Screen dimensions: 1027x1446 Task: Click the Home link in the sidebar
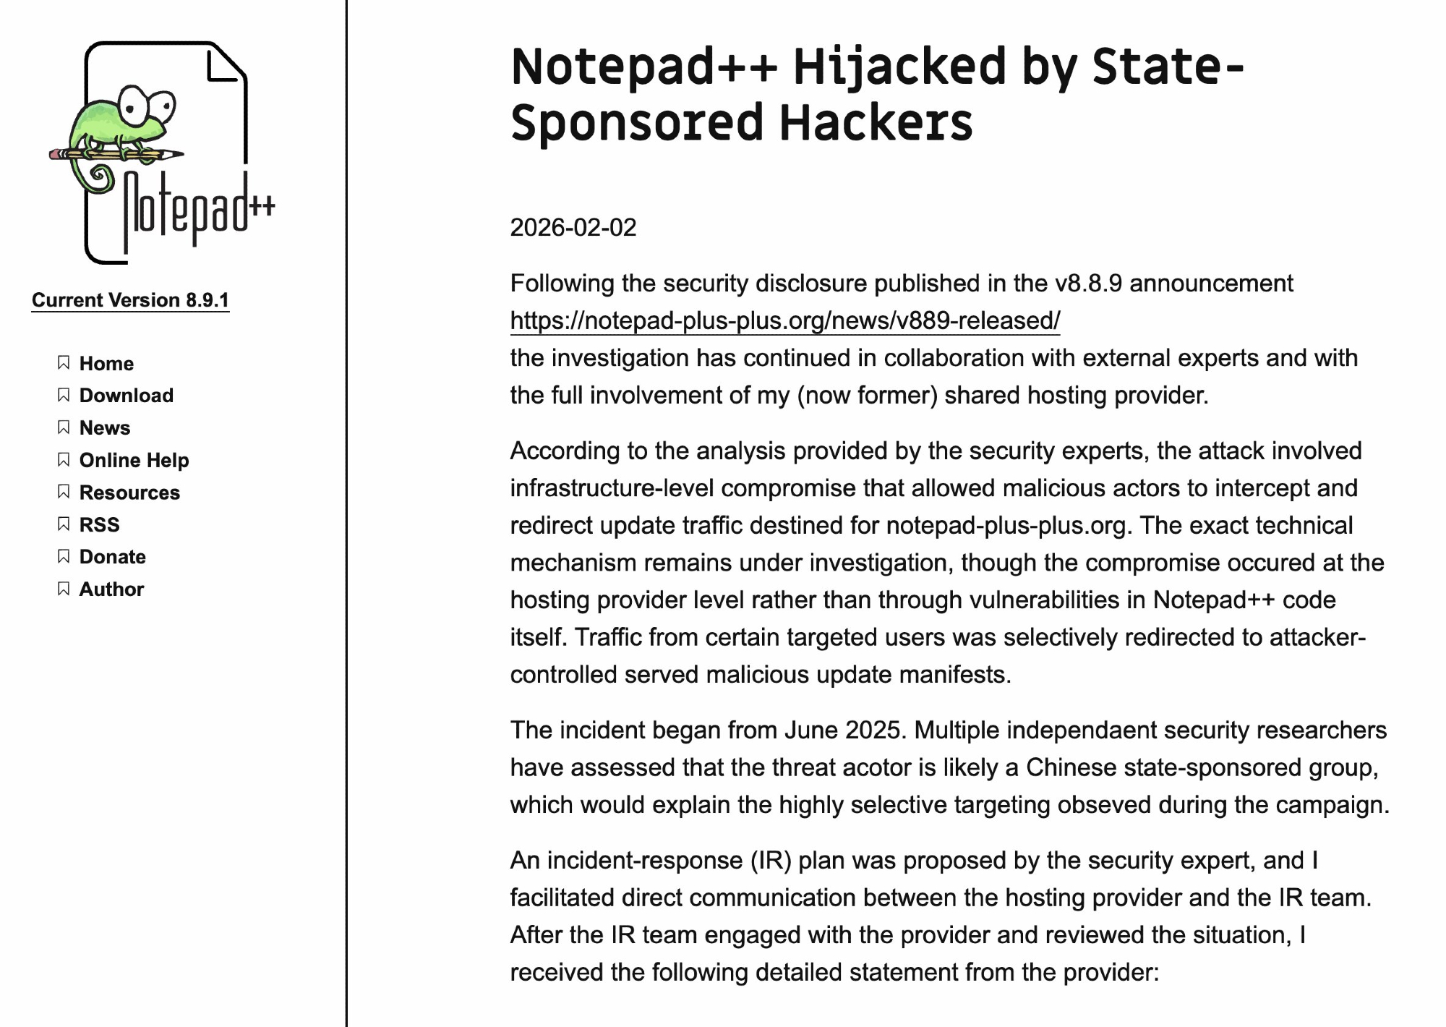point(106,363)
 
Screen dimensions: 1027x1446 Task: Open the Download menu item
point(127,396)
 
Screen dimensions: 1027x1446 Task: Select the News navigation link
point(105,428)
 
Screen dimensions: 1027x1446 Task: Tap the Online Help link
point(134,460)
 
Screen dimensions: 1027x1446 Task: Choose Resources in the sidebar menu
point(129,493)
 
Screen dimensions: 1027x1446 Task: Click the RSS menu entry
point(99,524)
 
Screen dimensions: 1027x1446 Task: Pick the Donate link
point(112,557)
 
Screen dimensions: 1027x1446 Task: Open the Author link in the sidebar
point(111,589)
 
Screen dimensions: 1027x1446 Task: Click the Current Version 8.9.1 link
point(130,300)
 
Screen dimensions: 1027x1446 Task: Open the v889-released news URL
point(784,320)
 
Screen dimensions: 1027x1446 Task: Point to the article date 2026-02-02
point(573,228)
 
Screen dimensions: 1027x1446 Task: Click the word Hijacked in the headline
point(899,67)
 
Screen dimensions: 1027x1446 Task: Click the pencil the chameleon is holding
point(116,154)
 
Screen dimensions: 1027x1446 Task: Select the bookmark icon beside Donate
point(64,556)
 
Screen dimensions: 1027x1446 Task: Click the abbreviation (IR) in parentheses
point(771,861)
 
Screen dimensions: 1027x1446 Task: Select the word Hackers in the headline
point(876,123)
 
